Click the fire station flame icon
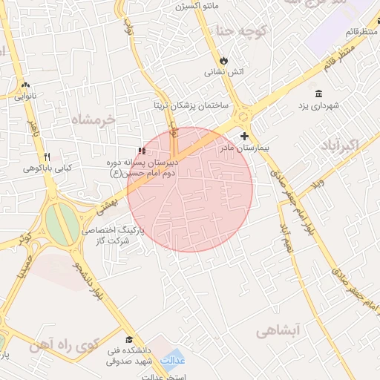coord(223,60)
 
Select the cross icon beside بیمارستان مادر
coord(245,136)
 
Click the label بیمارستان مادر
coord(242,148)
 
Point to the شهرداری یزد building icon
coord(318,94)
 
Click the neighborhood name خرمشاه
coord(94,119)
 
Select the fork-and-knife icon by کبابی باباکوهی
coord(47,157)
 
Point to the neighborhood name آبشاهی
coord(276,332)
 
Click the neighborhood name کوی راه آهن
coord(65,345)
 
